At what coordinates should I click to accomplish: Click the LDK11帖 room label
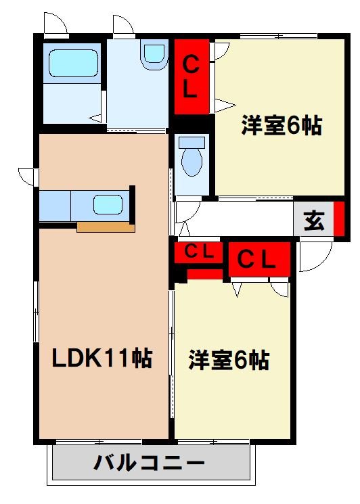coord(103,358)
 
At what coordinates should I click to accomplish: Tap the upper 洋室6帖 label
coord(282,126)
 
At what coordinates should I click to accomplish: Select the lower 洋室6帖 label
coord(229,359)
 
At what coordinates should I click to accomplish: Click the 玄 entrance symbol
coord(313,221)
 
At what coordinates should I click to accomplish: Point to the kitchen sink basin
coord(108,204)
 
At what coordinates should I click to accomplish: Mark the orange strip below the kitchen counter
coord(106,227)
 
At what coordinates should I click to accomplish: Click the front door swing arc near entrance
coord(315,256)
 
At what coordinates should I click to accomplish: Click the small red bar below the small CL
coord(204,273)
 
